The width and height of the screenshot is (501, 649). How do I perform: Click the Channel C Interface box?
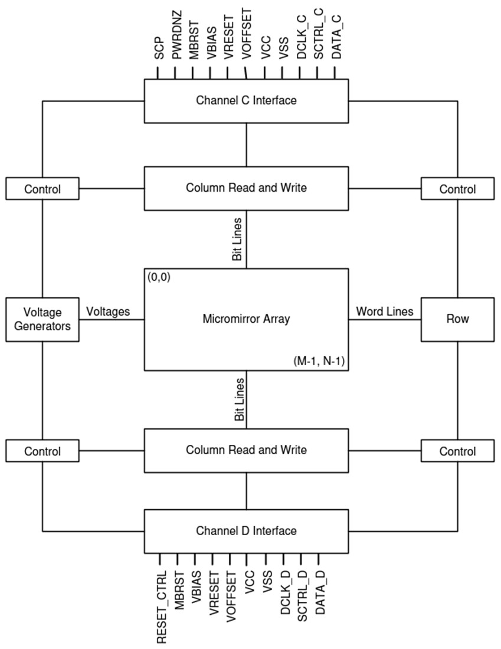(x=246, y=100)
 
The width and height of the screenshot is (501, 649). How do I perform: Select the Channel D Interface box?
(x=246, y=531)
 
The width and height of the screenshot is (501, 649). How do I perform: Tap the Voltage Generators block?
(x=42, y=319)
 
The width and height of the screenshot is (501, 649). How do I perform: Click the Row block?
(x=457, y=319)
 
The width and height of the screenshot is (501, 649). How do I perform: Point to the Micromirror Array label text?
(x=246, y=319)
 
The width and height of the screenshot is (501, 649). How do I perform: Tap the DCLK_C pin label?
(x=300, y=41)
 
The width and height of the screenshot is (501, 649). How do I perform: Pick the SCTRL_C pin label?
(x=318, y=39)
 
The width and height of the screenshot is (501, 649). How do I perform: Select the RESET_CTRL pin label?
(x=161, y=606)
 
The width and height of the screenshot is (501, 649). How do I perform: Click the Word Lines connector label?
(x=384, y=311)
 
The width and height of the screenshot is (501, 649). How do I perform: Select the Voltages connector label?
(x=108, y=311)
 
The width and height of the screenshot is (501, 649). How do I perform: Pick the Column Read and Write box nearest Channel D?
(x=246, y=450)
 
